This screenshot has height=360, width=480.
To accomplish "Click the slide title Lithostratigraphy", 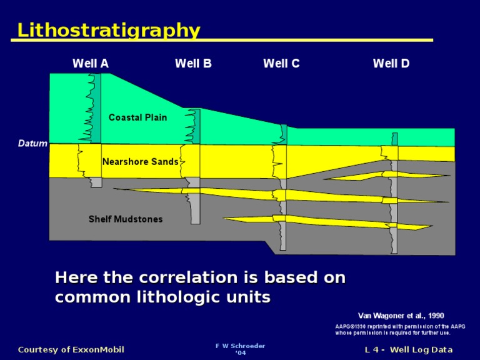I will tap(109, 30).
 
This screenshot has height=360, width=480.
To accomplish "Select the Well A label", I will tap(91, 63).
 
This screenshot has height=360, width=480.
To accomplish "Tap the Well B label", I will tap(193, 63).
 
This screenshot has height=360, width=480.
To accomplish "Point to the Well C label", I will tap(281, 63).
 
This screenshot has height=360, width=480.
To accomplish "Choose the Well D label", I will tap(391, 63).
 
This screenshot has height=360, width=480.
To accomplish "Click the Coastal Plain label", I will tap(137, 117).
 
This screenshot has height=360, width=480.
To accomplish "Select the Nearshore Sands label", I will tap(140, 162).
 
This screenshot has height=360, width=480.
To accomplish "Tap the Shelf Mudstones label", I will tap(125, 219).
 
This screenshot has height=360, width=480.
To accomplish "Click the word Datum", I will tap(32, 144).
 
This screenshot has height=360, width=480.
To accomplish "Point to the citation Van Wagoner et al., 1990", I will tap(401, 316).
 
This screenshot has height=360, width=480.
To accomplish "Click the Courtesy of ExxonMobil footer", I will tap(71, 349).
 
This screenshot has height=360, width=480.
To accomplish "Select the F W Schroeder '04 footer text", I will tap(240, 349).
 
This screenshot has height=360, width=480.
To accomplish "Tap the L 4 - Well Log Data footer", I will tap(409, 349).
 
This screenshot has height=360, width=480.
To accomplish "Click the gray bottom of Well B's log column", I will tap(196, 209).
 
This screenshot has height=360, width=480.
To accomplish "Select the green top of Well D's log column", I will tap(394, 139).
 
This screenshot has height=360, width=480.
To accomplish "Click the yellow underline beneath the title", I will tap(222, 41).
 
